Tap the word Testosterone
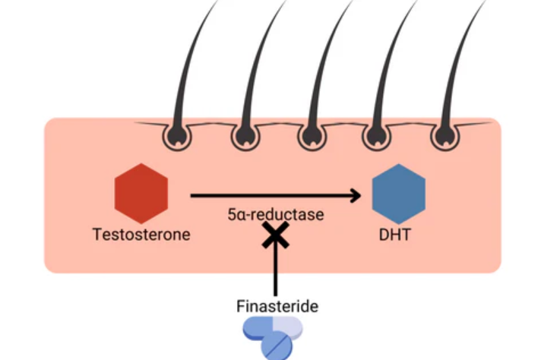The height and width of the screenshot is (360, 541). (141, 235)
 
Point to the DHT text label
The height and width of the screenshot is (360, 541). (395, 235)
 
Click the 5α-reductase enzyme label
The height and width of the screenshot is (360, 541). (274, 215)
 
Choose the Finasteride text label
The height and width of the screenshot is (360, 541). (275, 307)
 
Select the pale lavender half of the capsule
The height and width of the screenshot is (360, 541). (289, 327)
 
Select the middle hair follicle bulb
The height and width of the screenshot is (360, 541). (312, 136)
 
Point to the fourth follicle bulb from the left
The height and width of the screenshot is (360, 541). (377, 136)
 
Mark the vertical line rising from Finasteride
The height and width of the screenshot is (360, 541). (274, 273)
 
